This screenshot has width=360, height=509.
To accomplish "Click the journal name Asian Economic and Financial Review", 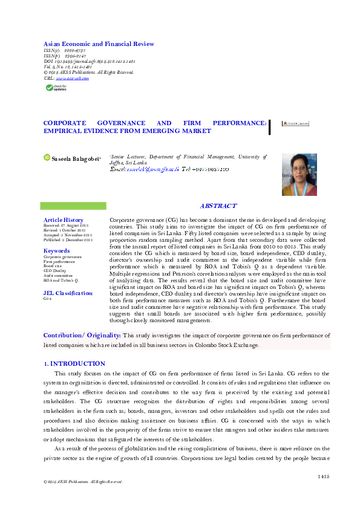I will click(98, 44).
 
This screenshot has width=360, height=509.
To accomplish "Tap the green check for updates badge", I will click(56, 88).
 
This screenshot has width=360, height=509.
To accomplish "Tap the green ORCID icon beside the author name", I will click(47, 157).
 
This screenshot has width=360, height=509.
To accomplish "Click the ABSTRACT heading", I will click(218, 206).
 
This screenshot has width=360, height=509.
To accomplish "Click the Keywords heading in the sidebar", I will click(56, 250).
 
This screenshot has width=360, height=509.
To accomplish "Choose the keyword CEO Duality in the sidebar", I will click(55, 271).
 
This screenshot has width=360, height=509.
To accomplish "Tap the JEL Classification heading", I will click(68, 293).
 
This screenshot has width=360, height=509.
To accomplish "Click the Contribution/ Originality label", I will click(82, 335).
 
